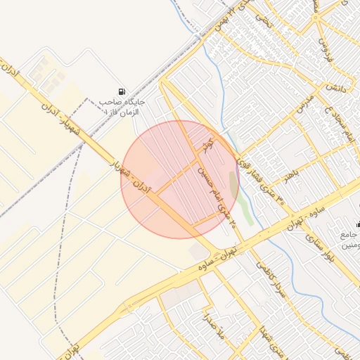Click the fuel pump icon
pyautogui.click(x=122, y=91)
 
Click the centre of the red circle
pyautogui.click(x=180, y=179)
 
